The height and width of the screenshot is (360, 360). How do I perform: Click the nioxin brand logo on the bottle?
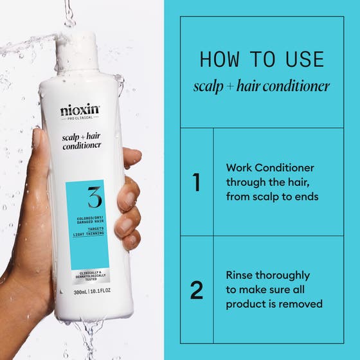click(80, 111)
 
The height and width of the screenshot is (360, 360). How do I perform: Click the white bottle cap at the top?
click(77, 48)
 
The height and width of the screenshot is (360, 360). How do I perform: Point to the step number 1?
click(197, 182)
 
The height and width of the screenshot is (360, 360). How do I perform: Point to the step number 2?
click(197, 290)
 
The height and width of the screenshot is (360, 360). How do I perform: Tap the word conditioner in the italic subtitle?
click(296, 85)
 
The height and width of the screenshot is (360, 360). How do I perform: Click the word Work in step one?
click(240, 167)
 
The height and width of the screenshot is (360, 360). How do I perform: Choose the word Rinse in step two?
click(240, 275)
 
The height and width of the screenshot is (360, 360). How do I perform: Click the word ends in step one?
click(305, 197)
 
